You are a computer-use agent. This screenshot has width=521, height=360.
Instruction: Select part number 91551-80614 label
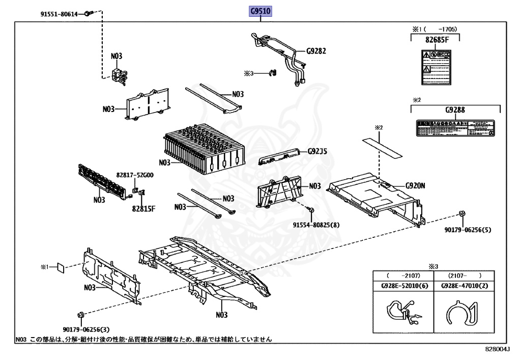click(x=59, y=14)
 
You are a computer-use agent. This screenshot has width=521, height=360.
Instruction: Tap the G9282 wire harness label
click(x=315, y=51)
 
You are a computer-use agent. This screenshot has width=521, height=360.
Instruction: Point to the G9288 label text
click(x=455, y=109)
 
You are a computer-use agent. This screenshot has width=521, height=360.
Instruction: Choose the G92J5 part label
click(x=317, y=151)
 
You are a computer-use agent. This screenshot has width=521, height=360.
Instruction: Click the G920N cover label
click(x=415, y=186)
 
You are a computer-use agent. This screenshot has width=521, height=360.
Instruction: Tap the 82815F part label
click(x=143, y=208)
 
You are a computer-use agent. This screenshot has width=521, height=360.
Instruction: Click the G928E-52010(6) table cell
click(x=404, y=286)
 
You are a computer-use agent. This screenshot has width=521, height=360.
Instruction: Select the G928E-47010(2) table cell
click(x=464, y=286)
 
